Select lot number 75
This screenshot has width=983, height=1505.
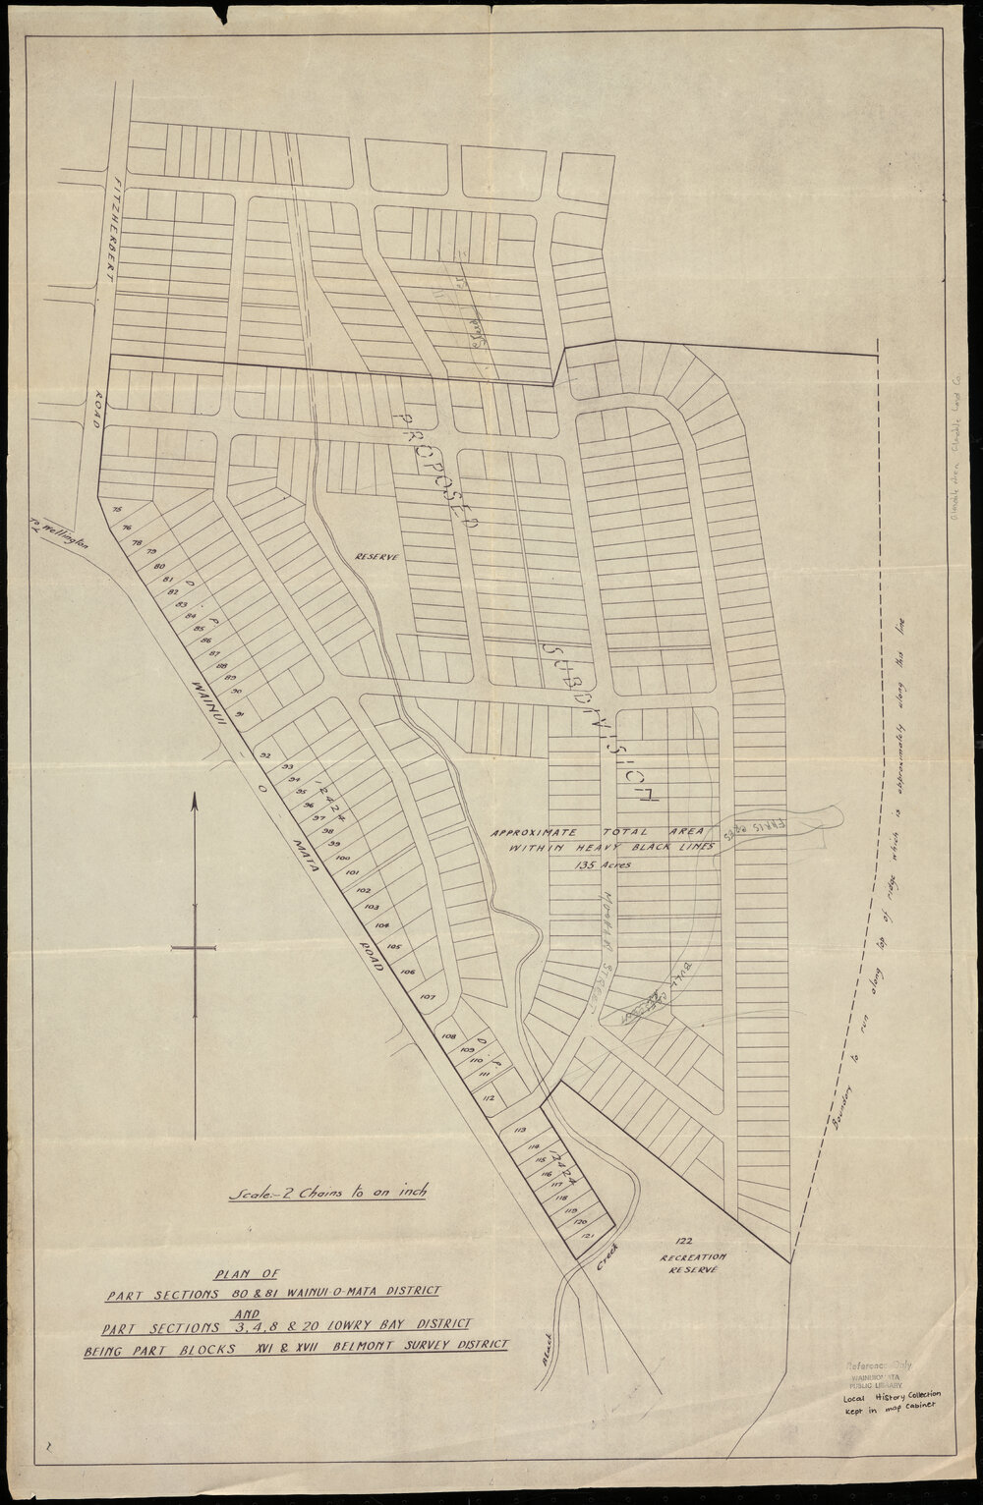117,509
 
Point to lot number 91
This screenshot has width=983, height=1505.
241,714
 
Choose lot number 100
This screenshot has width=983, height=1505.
342,858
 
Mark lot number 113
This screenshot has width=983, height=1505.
521,1131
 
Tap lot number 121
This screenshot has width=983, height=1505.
588,1233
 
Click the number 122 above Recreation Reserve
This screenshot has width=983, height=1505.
686,1241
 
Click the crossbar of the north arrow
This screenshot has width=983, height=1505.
194,948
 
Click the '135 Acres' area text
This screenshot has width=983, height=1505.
603,864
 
